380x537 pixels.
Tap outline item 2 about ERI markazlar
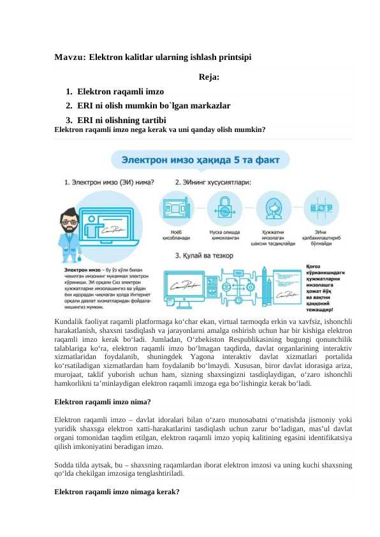[x=154, y=105]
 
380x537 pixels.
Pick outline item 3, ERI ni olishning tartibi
[x=122, y=119]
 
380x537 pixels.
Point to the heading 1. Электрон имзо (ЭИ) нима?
[x=109, y=182]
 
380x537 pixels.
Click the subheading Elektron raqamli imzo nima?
[x=103, y=402]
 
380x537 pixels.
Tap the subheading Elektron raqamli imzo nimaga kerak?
[x=117, y=493]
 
